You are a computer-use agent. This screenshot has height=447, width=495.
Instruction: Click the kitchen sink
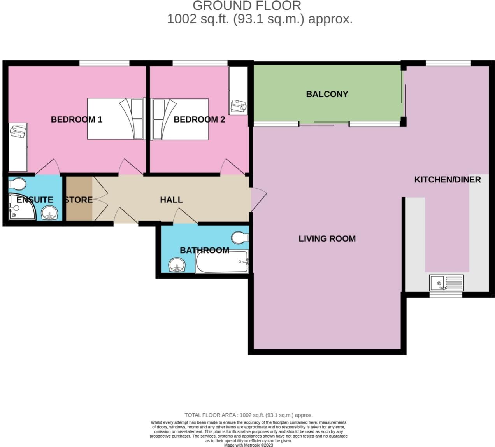point(446,283)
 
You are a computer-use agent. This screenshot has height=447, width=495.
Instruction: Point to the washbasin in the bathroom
point(177,266)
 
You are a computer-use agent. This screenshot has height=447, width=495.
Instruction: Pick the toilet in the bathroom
point(240,237)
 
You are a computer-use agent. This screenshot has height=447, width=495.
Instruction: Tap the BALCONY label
point(327,94)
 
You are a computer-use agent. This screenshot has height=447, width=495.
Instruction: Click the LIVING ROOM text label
point(327,238)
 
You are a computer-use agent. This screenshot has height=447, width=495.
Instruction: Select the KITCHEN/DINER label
point(447,180)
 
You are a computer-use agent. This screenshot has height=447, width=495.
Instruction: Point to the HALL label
point(171,200)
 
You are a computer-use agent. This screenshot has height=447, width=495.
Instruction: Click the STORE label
point(79,200)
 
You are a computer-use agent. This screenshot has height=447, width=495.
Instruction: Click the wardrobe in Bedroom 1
point(18,147)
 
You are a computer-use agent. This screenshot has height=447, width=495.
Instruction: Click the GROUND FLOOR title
point(247,6)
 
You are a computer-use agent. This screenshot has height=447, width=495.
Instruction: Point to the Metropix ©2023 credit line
point(249,445)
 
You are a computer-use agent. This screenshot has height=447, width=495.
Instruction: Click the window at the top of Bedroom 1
point(104,63)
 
